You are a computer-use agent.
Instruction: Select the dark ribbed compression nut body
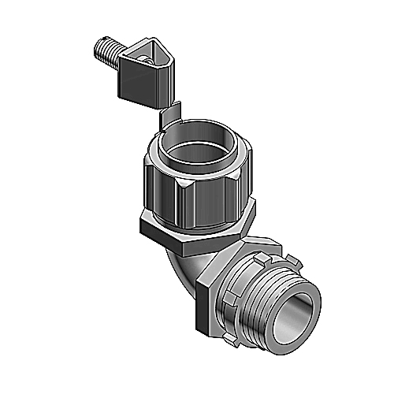click(x=169, y=189)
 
